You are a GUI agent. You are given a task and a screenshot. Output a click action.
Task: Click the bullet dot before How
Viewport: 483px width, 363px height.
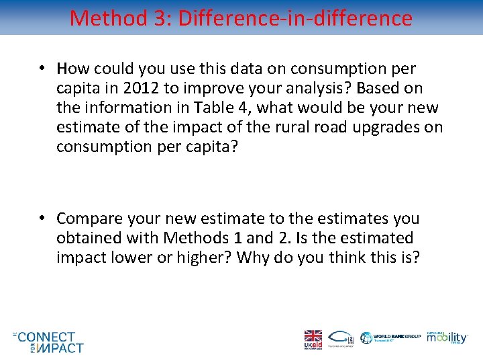tap(42, 69)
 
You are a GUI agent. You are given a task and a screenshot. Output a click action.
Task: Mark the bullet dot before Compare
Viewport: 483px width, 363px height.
tap(42, 218)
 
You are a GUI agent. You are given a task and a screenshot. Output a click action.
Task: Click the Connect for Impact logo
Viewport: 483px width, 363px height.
tap(48, 341)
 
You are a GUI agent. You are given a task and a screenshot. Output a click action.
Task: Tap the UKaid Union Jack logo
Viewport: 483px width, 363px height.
tap(313, 339)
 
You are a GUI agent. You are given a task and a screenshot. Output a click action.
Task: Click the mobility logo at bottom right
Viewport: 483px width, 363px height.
tap(448, 338)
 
